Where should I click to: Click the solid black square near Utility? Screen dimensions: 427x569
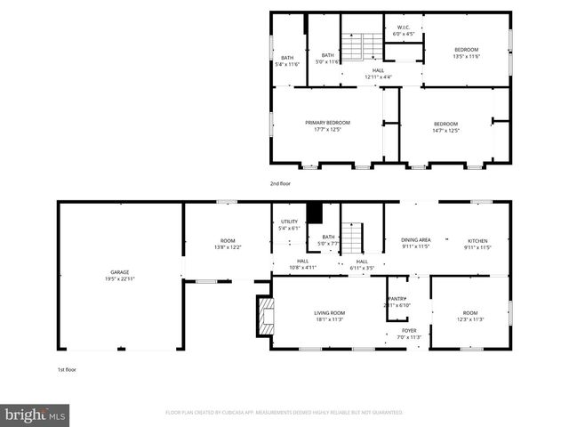click(x=313, y=213)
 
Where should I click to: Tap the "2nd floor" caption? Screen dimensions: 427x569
click(x=280, y=183)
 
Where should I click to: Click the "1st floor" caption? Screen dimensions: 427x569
click(x=66, y=368)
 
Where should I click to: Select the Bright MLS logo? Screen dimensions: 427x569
click(x=36, y=415)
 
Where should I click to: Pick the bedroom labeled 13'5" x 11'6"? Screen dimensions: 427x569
click(x=467, y=52)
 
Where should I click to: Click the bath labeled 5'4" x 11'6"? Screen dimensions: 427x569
click(x=288, y=60)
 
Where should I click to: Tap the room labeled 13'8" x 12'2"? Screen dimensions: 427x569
click(x=228, y=244)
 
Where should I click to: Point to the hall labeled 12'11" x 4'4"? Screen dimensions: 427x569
click(x=378, y=73)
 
